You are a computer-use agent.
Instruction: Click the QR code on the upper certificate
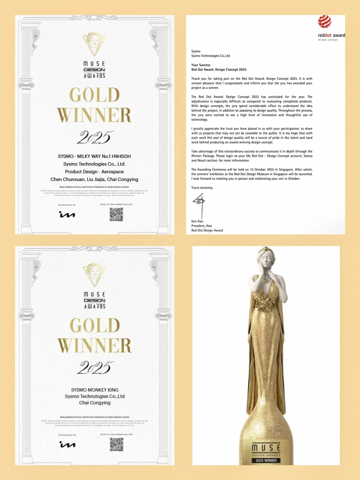(116, 215)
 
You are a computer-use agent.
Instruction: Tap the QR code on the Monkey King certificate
(116, 444)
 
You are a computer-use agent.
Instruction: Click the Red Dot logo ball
(324, 22)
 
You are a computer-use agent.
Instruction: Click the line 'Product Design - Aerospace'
(94, 172)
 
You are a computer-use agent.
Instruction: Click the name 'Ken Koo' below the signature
(198, 222)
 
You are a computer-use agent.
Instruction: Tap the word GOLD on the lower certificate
(94, 325)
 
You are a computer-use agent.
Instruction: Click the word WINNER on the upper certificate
(94, 115)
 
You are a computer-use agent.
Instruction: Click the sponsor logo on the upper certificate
(67, 215)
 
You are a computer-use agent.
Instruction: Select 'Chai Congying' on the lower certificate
(94, 403)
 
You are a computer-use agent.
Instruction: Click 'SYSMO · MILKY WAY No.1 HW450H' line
(94, 156)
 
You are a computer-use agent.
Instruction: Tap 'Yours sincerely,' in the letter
(202, 187)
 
